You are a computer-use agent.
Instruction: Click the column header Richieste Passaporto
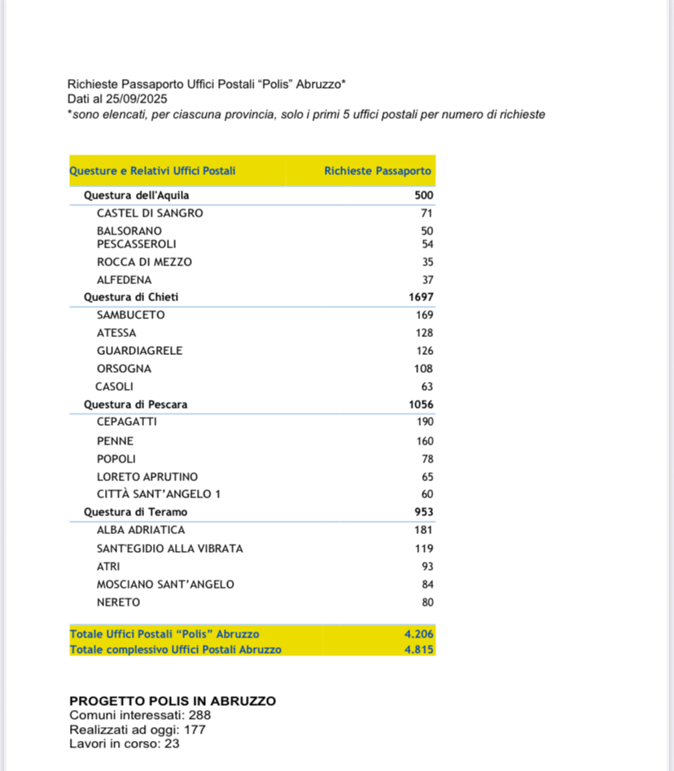click(378, 171)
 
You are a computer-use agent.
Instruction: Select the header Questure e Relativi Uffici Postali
click(153, 171)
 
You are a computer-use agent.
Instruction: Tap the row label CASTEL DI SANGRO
click(150, 213)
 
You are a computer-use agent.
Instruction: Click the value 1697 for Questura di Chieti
click(421, 297)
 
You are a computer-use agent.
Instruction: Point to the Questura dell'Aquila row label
click(137, 195)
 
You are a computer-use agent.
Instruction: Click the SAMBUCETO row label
click(130, 315)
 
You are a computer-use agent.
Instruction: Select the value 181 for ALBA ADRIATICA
click(422, 530)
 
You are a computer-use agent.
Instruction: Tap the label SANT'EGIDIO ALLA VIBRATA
click(169, 549)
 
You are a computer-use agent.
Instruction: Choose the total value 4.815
click(419, 650)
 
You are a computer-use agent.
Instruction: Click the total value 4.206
click(419, 634)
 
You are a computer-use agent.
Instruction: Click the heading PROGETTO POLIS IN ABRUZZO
click(173, 701)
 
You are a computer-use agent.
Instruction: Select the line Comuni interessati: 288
click(141, 716)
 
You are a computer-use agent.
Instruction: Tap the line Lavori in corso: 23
click(125, 743)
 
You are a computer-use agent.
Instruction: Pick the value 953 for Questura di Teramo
click(422, 512)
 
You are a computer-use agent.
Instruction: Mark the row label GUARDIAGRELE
click(139, 351)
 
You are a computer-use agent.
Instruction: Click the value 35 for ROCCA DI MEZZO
click(427, 262)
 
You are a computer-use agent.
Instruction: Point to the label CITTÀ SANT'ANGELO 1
click(159, 494)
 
